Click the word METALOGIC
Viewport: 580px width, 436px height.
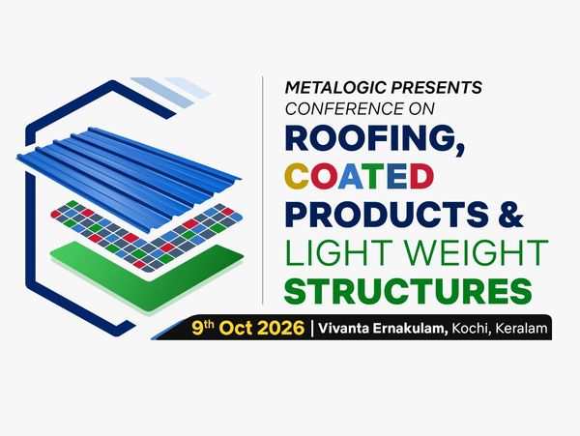coord(335,88)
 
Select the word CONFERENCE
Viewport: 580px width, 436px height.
coord(345,108)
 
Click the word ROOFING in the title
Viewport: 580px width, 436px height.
coord(375,139)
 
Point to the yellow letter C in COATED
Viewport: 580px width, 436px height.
coord(297,176)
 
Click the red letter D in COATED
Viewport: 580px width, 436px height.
coord(421,176)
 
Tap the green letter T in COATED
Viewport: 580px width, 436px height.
coord(375,176)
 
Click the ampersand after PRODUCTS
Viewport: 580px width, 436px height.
coord(510,215)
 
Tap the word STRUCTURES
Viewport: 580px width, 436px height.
coord(408,290)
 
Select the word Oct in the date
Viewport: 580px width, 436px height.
coord(231,328)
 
